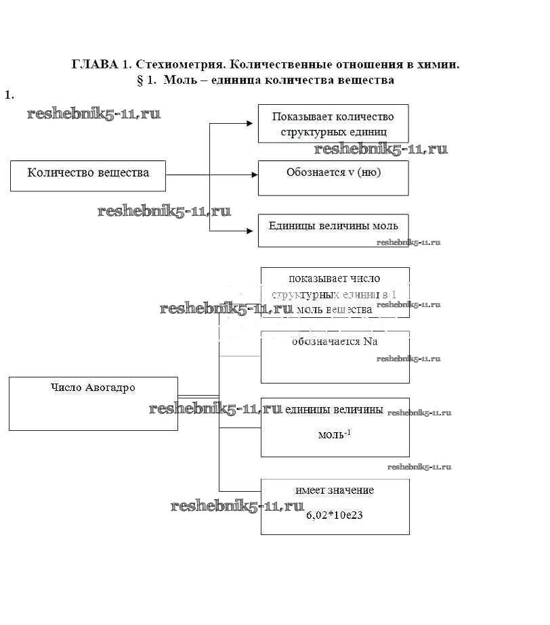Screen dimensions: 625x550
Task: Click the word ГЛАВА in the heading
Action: pos(94,65)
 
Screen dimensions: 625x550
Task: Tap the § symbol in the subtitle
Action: pos(140,80)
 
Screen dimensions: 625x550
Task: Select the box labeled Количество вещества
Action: pos(88,175)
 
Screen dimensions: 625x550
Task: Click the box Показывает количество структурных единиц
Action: pos(333,123)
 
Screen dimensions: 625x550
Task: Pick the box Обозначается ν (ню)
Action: pos(333,177)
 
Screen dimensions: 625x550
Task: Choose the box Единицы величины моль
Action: pos(333,230)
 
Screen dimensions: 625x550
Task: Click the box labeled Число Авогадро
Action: pos(93,403)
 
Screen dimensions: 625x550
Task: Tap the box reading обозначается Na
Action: pos(335,356)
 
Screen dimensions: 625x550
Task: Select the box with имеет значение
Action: pos(335,506)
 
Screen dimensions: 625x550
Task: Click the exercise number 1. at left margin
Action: pos(9,95)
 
